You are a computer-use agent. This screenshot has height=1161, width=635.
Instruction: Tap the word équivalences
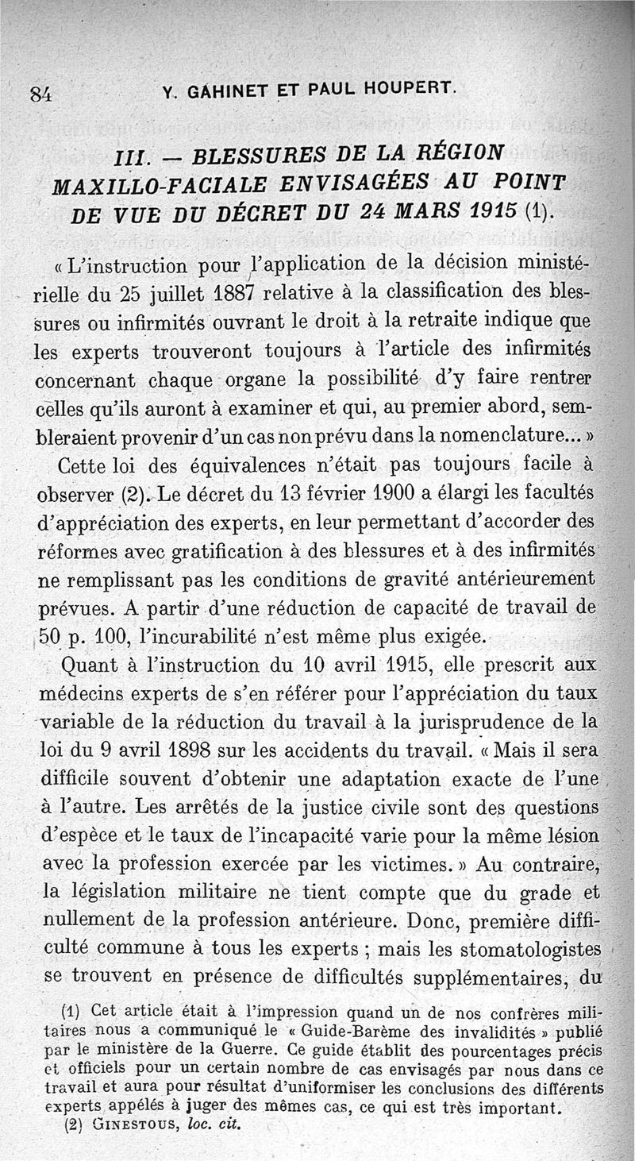[196, 463]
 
